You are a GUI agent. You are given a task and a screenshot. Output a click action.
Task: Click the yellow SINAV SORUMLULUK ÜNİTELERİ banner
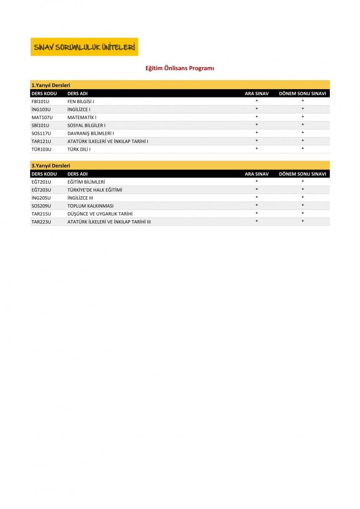click(x=84, y=47)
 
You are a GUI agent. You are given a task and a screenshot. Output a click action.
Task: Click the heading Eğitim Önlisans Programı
click(x=180, y=68)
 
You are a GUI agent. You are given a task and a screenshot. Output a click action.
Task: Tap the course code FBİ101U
click(x=40, y=102)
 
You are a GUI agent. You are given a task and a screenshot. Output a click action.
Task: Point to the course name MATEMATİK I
click(x=82, y=118)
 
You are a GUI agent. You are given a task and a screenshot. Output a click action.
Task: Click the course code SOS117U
click(x=42, y=133)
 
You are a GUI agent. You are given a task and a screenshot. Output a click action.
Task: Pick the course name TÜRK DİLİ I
click(x=79, y=149)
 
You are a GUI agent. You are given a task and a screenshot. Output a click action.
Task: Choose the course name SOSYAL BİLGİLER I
click(x=86, y=125)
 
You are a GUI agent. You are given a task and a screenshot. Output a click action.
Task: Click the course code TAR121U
click(x=41, y=142)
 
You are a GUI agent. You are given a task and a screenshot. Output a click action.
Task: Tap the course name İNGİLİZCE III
click(x=80, y=198)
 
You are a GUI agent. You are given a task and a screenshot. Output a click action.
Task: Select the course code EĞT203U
click(x=41, y=190)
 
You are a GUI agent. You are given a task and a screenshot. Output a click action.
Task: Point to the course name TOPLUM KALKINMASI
click(x=90, y=206)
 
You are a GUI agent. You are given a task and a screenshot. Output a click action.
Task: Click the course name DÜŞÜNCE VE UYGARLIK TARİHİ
click(x=100, y=214)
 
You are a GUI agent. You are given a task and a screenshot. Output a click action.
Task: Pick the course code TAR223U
click(x=41, y=222)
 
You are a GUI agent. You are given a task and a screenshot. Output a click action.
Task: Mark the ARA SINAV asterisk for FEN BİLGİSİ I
click(x=257, y=102)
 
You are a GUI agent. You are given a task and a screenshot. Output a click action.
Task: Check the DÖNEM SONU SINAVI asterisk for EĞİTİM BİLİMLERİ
click(x=303, y=182)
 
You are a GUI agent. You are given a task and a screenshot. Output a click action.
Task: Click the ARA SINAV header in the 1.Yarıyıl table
click(x=257, y=94)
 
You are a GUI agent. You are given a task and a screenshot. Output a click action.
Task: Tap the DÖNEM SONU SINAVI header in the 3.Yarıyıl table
click(x=302, y=174)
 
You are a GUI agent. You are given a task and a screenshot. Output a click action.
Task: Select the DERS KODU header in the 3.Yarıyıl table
click(x=44, y=174)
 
